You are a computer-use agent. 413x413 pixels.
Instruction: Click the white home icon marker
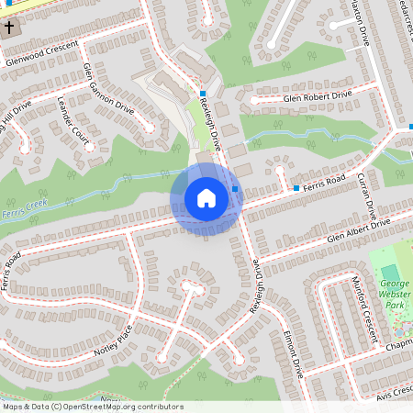click(206, 198)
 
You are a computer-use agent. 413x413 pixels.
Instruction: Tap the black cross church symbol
click(10, 28)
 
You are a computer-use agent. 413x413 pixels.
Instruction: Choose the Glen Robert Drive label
click(318, 96)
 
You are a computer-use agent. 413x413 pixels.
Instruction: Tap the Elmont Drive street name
click(294, 353)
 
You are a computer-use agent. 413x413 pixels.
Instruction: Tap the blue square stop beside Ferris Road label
click(296, 188)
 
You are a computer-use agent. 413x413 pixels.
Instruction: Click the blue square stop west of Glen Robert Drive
click(203, 95)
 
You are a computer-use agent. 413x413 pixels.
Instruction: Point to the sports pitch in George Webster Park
click(390, 273)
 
